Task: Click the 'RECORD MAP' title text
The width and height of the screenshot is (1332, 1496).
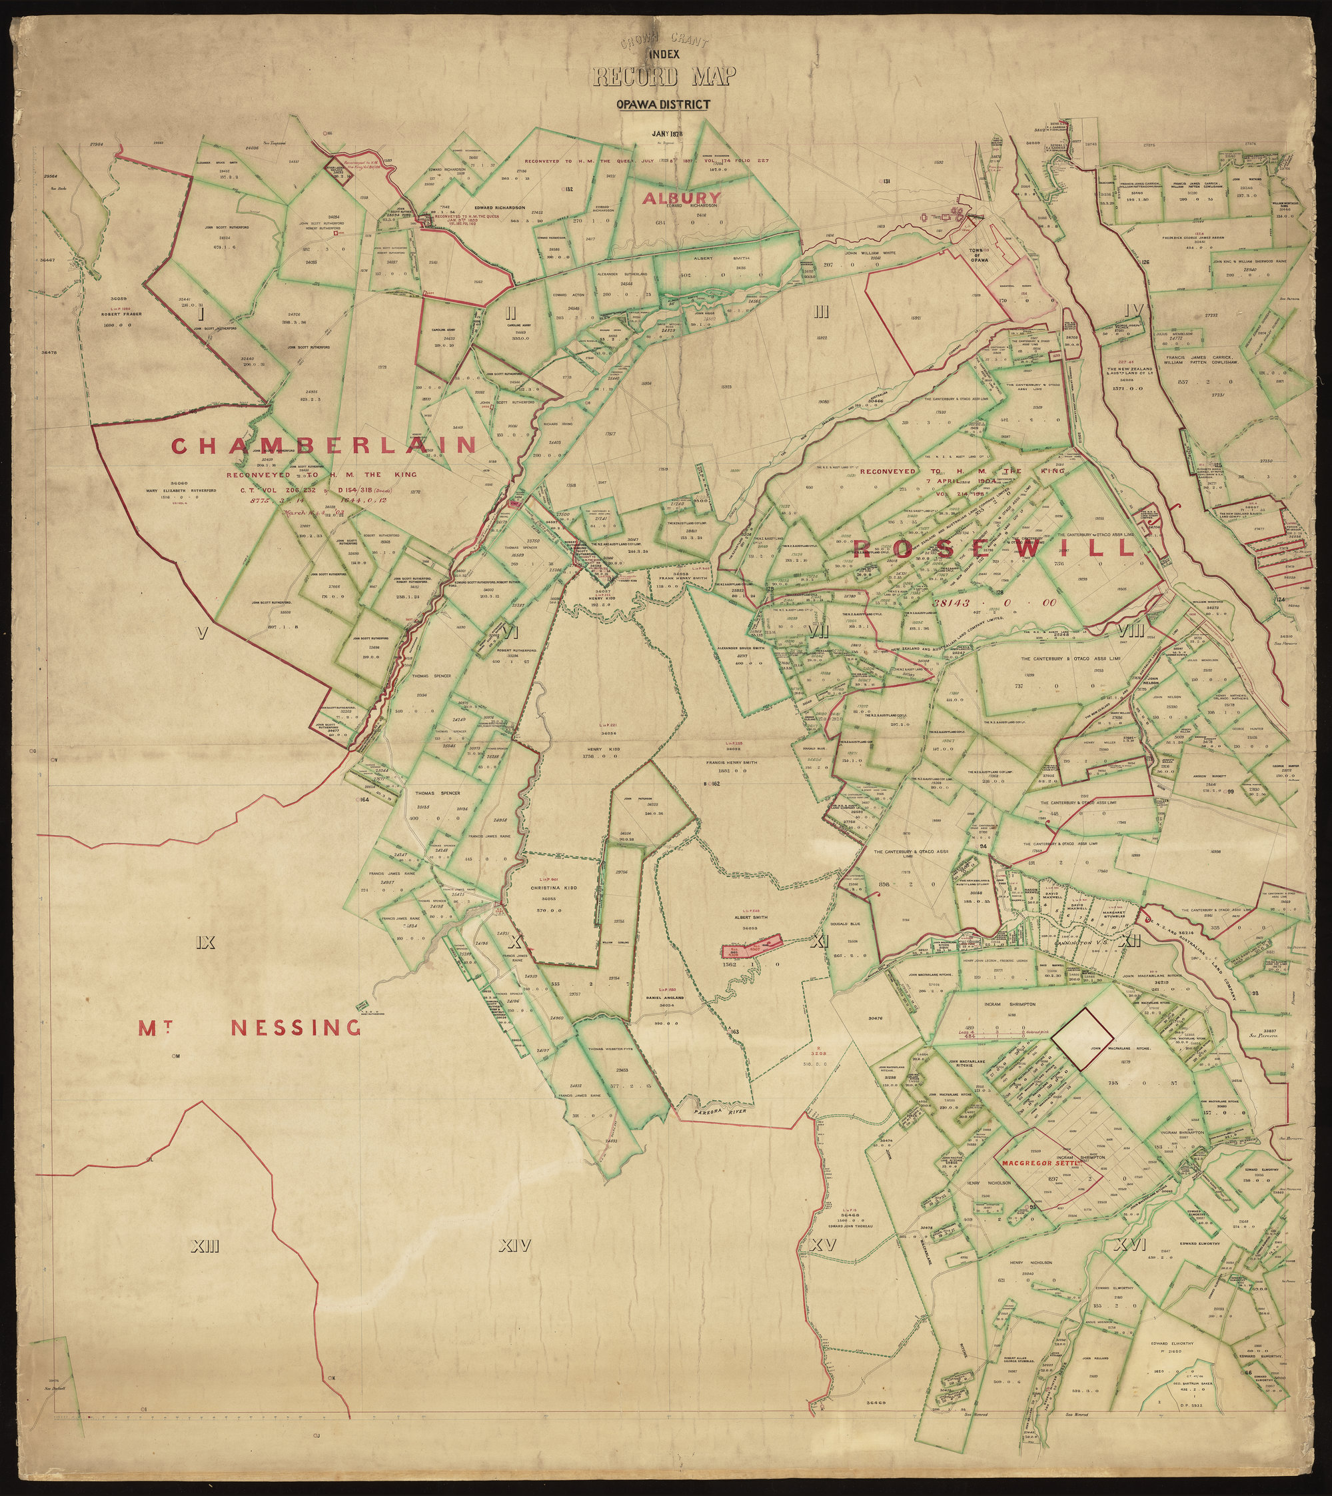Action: coord(664,75)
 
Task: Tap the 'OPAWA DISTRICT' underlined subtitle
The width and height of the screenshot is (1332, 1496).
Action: coord(663,104)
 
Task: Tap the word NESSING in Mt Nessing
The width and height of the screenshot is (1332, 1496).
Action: coord(296,1028)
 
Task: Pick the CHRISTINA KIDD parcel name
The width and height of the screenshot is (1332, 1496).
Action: coord(553,888)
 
